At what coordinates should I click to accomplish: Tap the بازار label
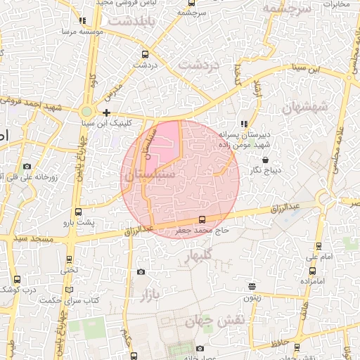coord(151,295)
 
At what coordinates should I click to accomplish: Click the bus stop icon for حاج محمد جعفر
coord(202,219)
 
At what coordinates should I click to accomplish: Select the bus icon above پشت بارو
coord(77,212)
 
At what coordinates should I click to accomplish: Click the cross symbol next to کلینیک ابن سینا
coord(106,112)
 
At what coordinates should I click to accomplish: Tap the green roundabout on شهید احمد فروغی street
coord(86,111)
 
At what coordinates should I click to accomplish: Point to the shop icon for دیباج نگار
coord(264,160)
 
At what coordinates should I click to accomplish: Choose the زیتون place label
coord(252,297)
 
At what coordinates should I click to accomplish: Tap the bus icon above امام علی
coord(319,246)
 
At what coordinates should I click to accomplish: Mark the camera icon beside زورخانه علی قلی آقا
coord(27,166)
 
